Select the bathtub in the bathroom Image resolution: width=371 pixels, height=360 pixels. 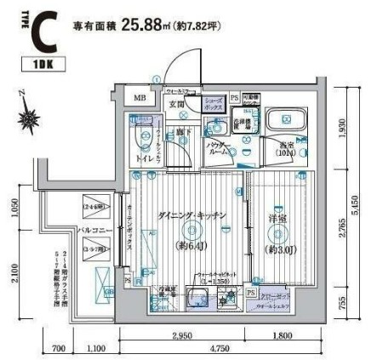point(287,123)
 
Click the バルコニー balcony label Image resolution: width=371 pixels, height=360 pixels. point(92,229)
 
